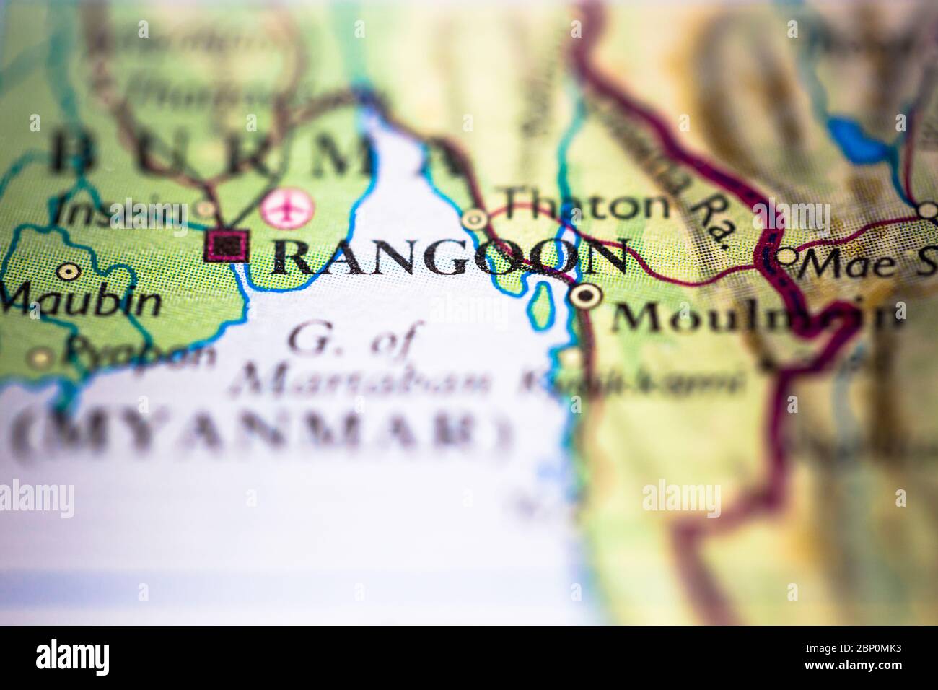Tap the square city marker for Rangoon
click(228, 246)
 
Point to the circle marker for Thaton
click(474, 218)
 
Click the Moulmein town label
click(754, 316)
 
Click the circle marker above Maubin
click(69, 272)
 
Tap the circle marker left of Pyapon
click(41, 357)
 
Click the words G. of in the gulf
click(350, 340)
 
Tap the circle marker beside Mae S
click(786, 256)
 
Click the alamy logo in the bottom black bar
click(72, 658)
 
